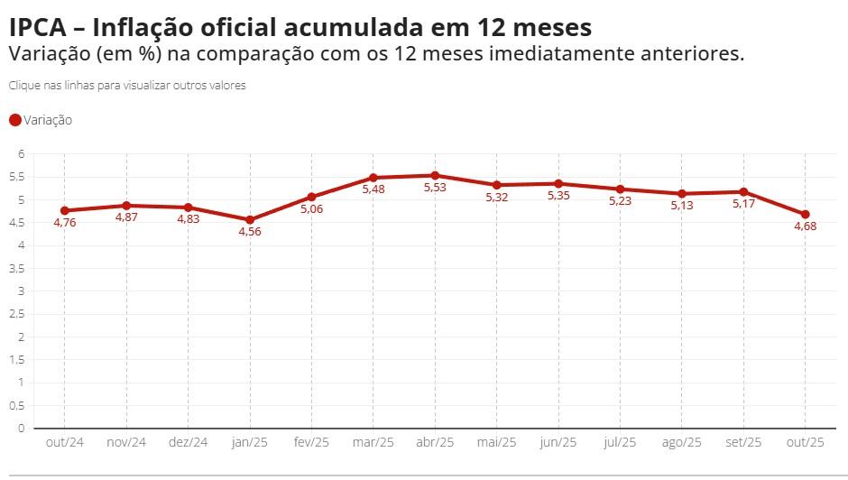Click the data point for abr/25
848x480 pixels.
click(435, 175)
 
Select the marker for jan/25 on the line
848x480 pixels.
click(249, 219)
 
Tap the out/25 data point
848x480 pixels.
click(805, 214)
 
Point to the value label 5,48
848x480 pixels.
click(373, 189)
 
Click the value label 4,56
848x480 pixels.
click(249, 231)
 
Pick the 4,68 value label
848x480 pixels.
click(805, 226)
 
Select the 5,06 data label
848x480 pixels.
click(310, 208)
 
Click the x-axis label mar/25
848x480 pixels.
click(373, 442)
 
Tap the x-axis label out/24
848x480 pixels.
click(64, 442)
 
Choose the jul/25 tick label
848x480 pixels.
click(620, 442)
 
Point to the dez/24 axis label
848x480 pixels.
click(188, 442)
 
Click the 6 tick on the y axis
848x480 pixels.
click(21, 154)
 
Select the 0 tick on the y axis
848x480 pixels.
click(21, 429)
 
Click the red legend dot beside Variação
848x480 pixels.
click(14, 120)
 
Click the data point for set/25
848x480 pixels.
click(743, 191)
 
